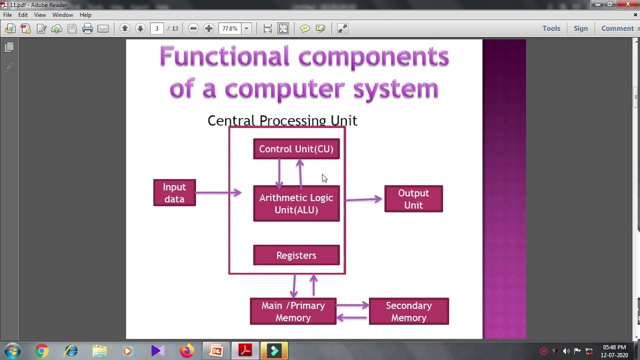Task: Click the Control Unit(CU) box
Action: tap(296, 149)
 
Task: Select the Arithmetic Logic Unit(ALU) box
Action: tap(296, 203)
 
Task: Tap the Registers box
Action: tap(296, 255)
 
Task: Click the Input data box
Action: tap(174, 193)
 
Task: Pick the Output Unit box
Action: tap(413, 199)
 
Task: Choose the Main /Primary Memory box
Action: tap(293, 311)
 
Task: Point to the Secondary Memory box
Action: tap(408, 311)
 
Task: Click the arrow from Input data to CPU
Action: tap(218, 192)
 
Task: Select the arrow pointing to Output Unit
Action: tap(364, 199)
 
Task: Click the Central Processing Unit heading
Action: tap(282, 120)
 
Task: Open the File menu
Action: tap(7, 15)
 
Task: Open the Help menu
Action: tap(85, 15)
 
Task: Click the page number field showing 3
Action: tap(157, 28)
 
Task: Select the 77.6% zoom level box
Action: tap(230, 28)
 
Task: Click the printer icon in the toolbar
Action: tap(87, 28)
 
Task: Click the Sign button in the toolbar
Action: tap(580, 28)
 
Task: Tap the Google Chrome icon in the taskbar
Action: tap(41, 351)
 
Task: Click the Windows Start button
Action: tap(12, 351)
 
